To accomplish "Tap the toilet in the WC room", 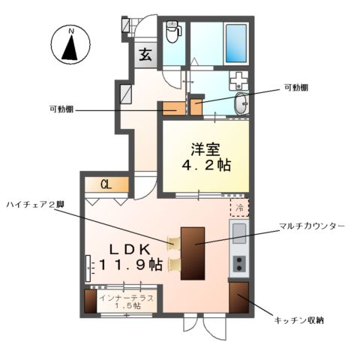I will [x=172, y=32].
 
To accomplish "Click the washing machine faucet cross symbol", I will [x=237, y=79].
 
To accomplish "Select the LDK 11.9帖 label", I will [x=127, y=256].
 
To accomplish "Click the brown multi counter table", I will [x=193, y=251].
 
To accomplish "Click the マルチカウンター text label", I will [x=310, y=225].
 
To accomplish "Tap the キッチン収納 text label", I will [x=298, y=320].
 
